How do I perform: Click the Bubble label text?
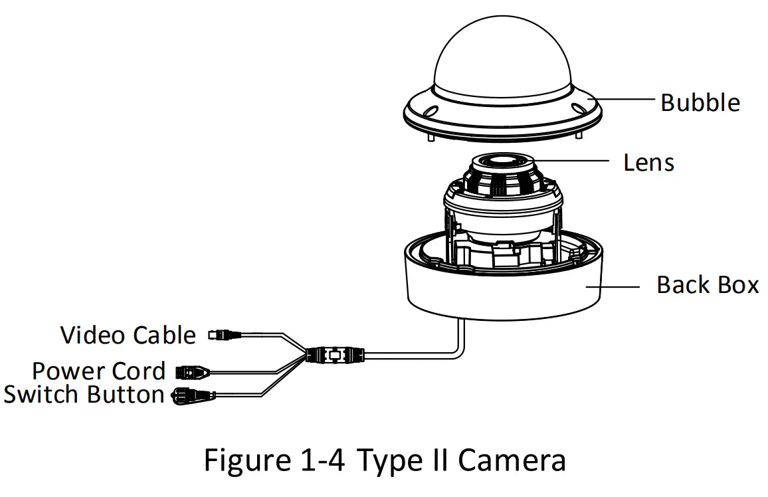(700, 103)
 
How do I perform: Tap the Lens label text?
(648, 162)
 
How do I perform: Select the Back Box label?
(707, 285)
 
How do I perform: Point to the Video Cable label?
(128, 335)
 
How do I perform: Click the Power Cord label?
(99, 371)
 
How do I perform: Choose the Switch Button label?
(84, 394)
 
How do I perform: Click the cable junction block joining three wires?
(332, 355)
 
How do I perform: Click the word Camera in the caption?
(511, 460)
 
